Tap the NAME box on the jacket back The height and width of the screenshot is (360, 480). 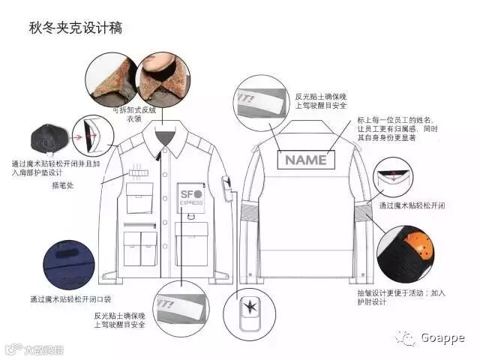305,159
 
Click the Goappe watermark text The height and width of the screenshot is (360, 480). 442,337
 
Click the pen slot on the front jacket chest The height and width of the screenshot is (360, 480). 139,173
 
